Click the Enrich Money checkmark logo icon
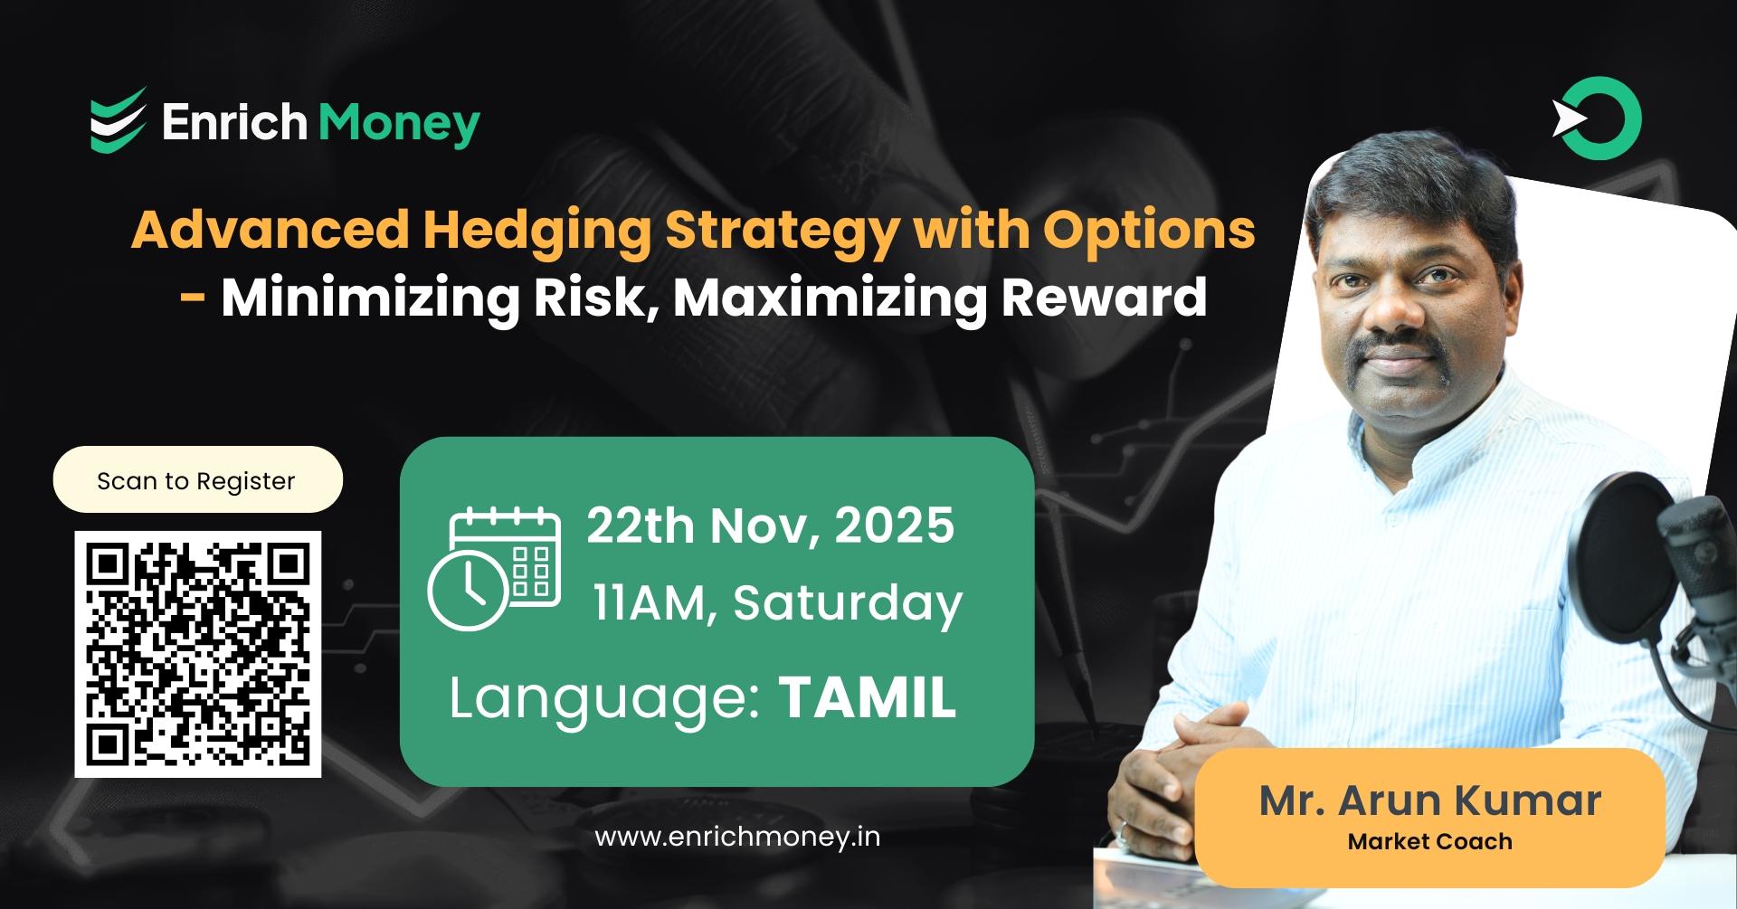[x=118, y=120]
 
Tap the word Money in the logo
[x=399, y=123]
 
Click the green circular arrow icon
[x=1599, y=119]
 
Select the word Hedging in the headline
[x=536, y=230]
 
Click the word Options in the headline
[x=1149, y=230]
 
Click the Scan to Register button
[x=197, y=480]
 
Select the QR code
[x=197, y=654]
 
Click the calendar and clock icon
[x=494, y=568]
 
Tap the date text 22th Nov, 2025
[x=770, y=525]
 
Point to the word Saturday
[x=848, y=603]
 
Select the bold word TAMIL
[x=867, y=697]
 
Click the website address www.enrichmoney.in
[x=737, y=837]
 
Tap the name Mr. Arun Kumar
[x=1429, y=800]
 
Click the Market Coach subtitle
[x=1429, y=842]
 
